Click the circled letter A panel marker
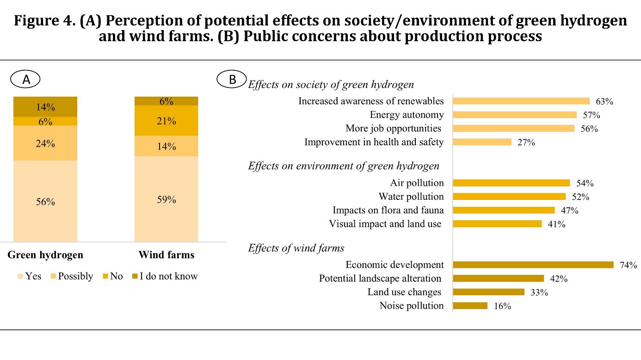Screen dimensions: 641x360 pyautogui.click(x=25, y=79)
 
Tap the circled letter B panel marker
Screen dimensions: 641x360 pyautogui.click(x=232, y=79)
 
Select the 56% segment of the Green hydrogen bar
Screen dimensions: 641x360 pyautogui.click(x=45, y=201)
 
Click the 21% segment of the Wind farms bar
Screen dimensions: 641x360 pyautogui.click(x=166, y=121)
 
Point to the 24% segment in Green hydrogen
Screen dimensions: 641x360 pyautogui.click(x=45, y=143)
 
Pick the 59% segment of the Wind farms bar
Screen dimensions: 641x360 pyautogui.click(x=166, y=199)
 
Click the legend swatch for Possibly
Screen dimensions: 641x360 pyautogui.click(x=53, y=276)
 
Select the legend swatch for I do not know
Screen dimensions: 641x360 pyautogui.click(x=135, y=276)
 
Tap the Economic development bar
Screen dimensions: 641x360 pyautogui.click(x=533, y=265)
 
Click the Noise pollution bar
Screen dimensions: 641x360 pyautogui.click(x=470, y=306)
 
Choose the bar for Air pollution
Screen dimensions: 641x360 pyautogui.click(x=512, y=183)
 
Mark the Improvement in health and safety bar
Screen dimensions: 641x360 pyautogui.click(x=482, y=142)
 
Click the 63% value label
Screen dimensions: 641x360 pyautogui.click(x=604, y=101)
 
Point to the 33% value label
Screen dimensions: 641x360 pyautogui.click(x=539, y=292)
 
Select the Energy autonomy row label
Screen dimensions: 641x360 pyautogui.click(x=407, y=115)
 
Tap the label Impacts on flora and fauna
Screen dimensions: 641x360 pyautogui.click(x=388, y=210)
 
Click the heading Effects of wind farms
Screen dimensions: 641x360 pyautogui.click(x=296, y=248)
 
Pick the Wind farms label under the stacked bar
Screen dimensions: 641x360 pyautogui.click(x=166, y=254)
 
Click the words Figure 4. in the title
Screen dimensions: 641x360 pyautogui.click(x=45, y=21)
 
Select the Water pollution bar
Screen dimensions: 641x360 pyautogui.click(x=509, y=197)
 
